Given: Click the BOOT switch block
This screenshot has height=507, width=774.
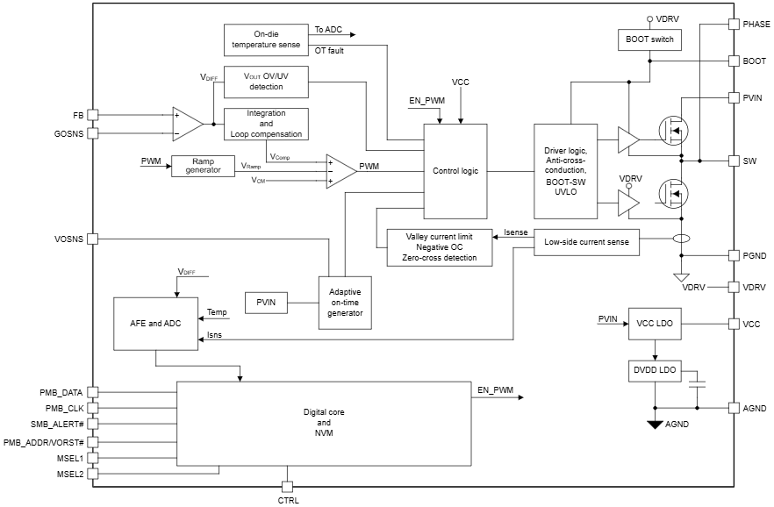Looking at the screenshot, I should (x=649, y=40).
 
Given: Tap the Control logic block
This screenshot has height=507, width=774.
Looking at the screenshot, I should (x=455, y=171).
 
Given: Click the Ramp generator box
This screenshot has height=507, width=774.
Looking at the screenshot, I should (x=203, y=166).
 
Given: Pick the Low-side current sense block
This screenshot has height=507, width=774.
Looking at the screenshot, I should (x=586, y=241).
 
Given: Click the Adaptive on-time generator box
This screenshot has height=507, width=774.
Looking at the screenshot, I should (x=345, y=303).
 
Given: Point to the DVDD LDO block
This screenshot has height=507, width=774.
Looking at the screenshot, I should (x=654, y=370).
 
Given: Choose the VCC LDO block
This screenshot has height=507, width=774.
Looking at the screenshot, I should (x=654, y=324).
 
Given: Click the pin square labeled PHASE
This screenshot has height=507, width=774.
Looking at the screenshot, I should (x=734, y=24).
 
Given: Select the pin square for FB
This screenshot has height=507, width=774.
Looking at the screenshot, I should (x=92, y=115).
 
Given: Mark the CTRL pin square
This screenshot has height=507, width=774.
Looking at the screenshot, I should (x=287, y=486).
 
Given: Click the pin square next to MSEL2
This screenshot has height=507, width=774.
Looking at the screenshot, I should (x=92, y=474).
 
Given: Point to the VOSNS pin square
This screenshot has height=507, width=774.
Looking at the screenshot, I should (x=92, y=239).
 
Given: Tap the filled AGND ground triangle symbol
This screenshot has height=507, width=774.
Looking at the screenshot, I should (x=654, y=425).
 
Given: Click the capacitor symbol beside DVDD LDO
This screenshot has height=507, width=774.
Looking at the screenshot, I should (x=697, y=383).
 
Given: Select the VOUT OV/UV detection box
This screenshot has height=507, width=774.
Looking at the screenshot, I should (x=265, y=82).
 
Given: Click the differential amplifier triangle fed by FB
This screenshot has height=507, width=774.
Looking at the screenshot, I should (x=187, y=124).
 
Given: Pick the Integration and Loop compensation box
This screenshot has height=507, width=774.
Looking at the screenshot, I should (x=265, y=124).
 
